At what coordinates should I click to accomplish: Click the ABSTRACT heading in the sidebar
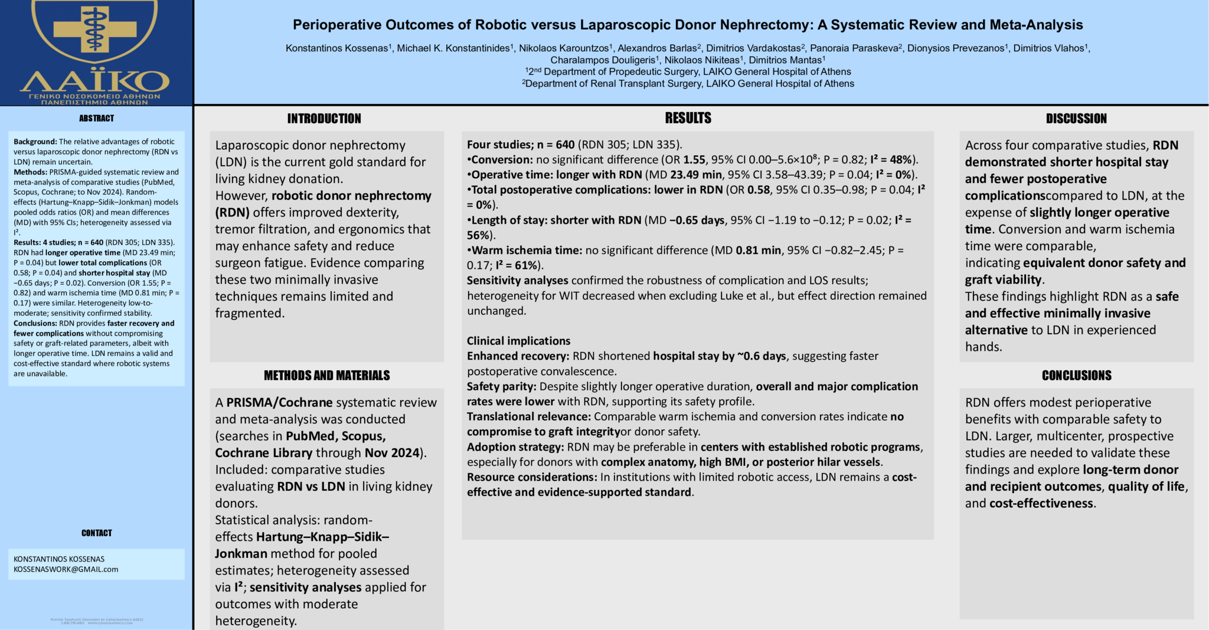pyautogui.click(x=96, y=118)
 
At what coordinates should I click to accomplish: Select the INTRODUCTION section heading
pyautogui.click(x=324, y=119)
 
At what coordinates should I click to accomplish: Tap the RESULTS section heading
pyautogui.click(x=688, y=118)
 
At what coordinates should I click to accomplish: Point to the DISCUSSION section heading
pyautogui.click(x=1076, y=119)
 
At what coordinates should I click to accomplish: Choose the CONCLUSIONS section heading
pyautogui.click(x=1076, y=376)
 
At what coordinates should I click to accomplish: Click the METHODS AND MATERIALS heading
pyautogui.click(x=326, y=376)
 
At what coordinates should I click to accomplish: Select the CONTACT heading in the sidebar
pyautogui.click(x=96, y=533)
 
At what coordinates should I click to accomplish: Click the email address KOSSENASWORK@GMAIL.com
pyautogui.click(x=66, y=569)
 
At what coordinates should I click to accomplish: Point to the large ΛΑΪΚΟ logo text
pyautogui.click(x=95, y=81)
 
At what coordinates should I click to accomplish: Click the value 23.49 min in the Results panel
pyautogui.click(x=696, y=175)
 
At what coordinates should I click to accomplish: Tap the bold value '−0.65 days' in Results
pyautogui.click(x=697, y=220)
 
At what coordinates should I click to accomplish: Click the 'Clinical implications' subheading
pyautogui.click(x=518, y=341)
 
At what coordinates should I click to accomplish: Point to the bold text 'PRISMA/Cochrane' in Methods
pyautogui.click(x=279, y=403)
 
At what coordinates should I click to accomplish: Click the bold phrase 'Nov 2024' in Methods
pyautogui.click(x=392, y=453)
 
